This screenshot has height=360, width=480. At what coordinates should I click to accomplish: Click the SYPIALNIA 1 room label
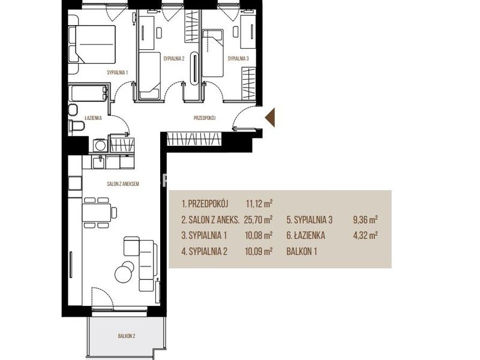(117, 73)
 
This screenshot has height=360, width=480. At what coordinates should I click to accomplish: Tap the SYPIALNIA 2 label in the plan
(174, 58)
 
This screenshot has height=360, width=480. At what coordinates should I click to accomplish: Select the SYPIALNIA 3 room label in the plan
(238, 58)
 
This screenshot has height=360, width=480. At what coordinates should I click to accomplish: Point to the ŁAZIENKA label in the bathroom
(93, 118)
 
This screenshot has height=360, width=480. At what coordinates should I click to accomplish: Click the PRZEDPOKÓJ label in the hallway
(205, 118)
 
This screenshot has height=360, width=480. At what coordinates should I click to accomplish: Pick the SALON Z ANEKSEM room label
(123, 184)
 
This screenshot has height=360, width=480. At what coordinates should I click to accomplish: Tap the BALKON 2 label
(127, 336)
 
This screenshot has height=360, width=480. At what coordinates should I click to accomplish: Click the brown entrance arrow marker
(270, 118)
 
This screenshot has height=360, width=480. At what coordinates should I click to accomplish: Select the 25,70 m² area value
(259, 220)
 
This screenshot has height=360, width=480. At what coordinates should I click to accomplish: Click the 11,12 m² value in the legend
(259, 203)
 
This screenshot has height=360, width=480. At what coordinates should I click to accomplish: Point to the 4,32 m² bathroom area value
(365, 235)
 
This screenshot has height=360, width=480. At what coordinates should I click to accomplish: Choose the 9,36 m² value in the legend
(365, 220)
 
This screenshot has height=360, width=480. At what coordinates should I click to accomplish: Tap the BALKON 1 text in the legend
(302, 251)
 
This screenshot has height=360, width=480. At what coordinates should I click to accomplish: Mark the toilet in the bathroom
(77, 126)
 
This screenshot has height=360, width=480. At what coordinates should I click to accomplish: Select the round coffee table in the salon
(124, 271)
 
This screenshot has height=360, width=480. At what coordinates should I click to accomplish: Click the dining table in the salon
(96, 212)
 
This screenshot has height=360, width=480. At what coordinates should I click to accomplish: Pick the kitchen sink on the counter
(98, 161)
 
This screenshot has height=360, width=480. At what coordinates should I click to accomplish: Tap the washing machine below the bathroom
(100, 145)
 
